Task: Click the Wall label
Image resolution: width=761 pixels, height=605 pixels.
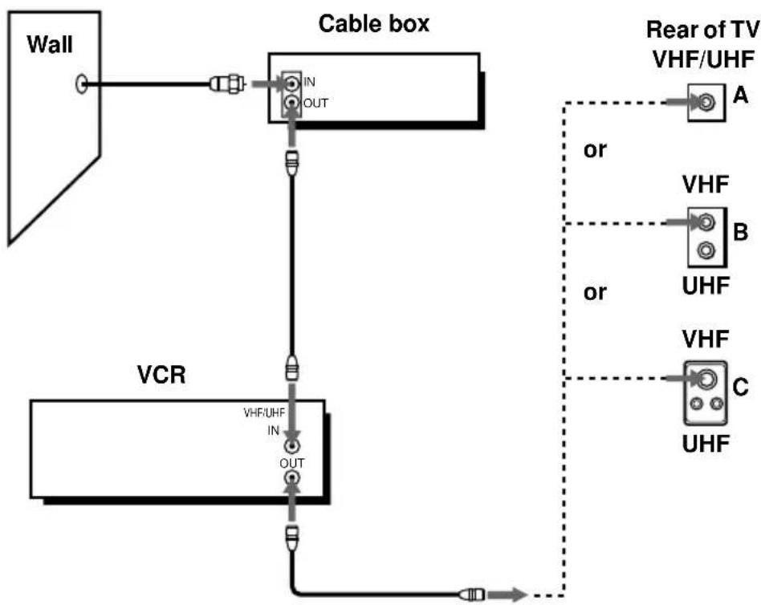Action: tap(50, 45)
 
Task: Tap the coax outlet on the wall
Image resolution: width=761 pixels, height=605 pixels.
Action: tap(80, 84)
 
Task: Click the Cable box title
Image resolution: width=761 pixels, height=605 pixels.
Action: tap(374, 24)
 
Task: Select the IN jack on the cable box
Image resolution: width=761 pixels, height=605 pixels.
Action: tap(291, 84)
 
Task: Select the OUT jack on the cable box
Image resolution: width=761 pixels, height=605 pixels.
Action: tap(291, 103)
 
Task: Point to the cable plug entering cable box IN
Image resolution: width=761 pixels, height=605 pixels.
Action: tap(226, 84)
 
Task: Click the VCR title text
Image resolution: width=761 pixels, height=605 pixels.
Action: tap(161, 375)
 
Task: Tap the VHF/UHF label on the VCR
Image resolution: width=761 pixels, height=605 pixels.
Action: tap(264, 413)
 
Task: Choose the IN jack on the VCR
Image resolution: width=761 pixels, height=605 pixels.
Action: tap(291, 446)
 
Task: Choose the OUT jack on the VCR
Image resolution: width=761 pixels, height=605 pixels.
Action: tap(291, 478)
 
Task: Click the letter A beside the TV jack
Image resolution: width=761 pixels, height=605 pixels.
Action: tap(741, 95)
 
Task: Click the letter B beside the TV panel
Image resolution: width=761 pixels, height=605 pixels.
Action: tap(741, 232)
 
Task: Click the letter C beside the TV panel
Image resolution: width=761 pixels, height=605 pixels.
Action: tap(741, 388)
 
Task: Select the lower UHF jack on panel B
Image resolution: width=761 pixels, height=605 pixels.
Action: tap(706, 251)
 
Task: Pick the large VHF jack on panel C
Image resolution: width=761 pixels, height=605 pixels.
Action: tap(706, 379)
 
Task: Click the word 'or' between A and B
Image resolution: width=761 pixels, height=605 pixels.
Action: tap(595, 150)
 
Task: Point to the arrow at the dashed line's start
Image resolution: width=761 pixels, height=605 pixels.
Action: tap(507, 595)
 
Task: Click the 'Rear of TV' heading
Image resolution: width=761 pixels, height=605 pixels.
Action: tap(702, 30)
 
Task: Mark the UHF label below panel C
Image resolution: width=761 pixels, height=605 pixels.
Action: tap(706, 444)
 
